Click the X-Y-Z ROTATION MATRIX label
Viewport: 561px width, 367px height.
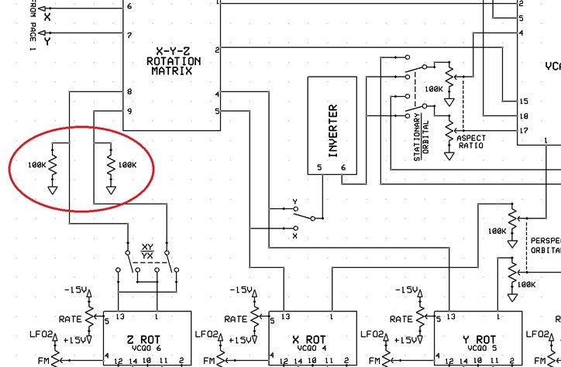(174, 61)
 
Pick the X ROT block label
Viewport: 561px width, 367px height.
(309, 340)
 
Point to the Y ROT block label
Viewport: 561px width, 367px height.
(476, 340)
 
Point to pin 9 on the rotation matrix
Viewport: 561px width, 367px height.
(130, 111)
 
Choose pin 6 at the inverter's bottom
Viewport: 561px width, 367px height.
(344, 167)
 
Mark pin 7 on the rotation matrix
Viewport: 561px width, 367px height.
(130, 35)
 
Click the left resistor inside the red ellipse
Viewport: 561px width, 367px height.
(53, 164)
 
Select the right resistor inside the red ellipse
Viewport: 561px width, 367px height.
(111, 164)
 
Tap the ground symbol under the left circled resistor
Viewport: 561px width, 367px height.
(53, 189)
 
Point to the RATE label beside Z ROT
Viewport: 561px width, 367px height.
(71, 319)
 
